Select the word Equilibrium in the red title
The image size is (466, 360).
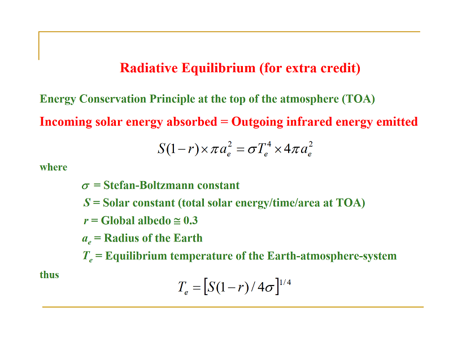coord(219,68)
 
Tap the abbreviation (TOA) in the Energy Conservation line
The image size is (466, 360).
coord(359,99)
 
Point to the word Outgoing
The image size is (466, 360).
coord(258,122)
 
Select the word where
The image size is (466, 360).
coord(54,167)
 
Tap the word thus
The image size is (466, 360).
coord(49,275)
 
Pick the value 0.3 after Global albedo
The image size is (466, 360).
coord(190,221)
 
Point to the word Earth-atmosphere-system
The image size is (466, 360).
coord(332,256)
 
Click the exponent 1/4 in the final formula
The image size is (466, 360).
coord(285,282)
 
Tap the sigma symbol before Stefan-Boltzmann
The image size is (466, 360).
coord(85,186)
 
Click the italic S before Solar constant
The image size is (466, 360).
coord(87,203)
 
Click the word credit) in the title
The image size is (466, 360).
coord(341,68)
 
